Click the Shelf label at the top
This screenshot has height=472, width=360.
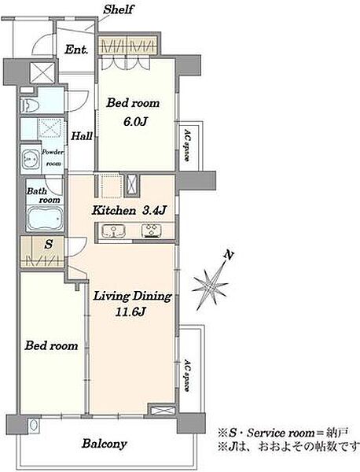pyautogui.click(x=118, y=9)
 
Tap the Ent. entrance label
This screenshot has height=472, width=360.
pyautogui.click(x=76, y=50)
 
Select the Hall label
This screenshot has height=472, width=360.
pyautogui.click(x=82, y=136)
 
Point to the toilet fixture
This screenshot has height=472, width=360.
pyautogui.click(x=29, y=105)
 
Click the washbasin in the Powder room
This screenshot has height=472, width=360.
pyautogui.click(x=30, y=159)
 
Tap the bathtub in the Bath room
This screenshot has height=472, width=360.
pyautogui.click(x=45, y=218)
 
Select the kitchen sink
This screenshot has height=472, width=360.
pyautogui.click(x=113, y=230)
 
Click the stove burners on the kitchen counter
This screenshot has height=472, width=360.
pyautogui.click(x=152, y=230)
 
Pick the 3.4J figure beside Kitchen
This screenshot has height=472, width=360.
pyautogui.click(x=154, y=210)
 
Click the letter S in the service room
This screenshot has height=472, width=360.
pyautogui.click(x=49, y=244)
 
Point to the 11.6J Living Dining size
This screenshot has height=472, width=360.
pyautogui.click(x=130, y=312)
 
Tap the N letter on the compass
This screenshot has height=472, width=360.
pyautogui.click(x=229, y=255)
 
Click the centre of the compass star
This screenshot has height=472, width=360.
pyautogui.click(x=211, y=286)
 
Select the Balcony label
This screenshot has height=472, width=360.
pyautogui.click(x=105, y=444)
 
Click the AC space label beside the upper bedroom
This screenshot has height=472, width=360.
pyautogui.click(x=187, y=146)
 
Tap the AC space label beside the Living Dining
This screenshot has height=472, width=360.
pyautogui.click(x=187, y=374)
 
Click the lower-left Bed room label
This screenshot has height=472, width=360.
pyautogui.click(x=51, y=345)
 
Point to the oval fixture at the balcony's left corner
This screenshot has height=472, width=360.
pyautogui.click(x=33, y=425)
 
